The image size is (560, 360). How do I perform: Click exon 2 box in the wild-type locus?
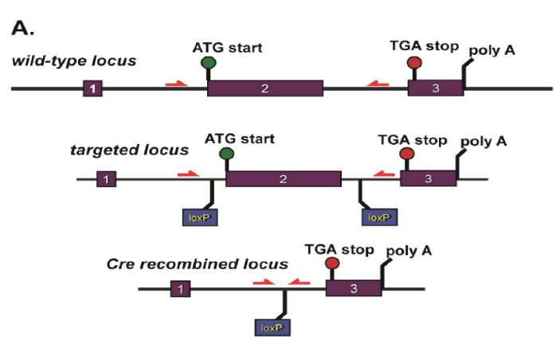[x=265, y=88]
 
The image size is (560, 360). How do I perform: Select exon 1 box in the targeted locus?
[x=107, y=179]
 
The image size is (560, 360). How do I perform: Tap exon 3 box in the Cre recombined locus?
[x=354, y=288]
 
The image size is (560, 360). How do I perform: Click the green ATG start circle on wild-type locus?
[x=209, y=63]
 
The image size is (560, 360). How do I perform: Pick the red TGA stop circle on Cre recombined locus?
[x=332, y=263]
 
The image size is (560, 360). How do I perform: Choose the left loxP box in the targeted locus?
[x=200, y=217]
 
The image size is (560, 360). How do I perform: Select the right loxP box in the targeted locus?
[x=380, y=217]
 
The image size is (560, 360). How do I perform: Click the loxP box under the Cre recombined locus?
[x=272, y=327]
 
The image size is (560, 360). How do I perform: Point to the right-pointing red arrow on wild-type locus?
[x=176, y=84]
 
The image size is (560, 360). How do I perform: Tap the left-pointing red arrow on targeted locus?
[x=384, y=174]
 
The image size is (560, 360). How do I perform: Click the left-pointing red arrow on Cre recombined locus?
[x=299, y=283]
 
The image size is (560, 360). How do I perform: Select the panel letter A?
[x=23, y=28]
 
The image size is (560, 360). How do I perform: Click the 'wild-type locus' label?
[x=74, y=61]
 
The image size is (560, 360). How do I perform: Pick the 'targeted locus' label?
[x=129, y=150]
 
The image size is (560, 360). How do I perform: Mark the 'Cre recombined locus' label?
[x=197, y=264]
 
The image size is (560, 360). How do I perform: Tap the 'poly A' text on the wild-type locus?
[x=491, y=51]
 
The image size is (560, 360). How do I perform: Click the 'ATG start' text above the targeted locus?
[x=240, y=139]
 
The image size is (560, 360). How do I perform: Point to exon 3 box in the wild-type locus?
[x=436, y=88]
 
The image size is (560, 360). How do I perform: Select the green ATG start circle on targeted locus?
[x=226, y=154]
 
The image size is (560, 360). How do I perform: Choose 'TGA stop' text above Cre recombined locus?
[x=339, y=249]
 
